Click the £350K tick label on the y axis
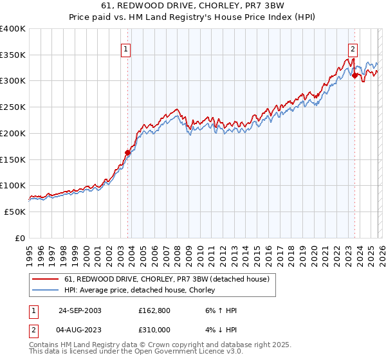pos(13,55)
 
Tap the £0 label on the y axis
pos(21,238)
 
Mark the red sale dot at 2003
pos(127,152)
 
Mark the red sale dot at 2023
pos(354,76)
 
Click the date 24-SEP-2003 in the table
pos(80,310)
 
